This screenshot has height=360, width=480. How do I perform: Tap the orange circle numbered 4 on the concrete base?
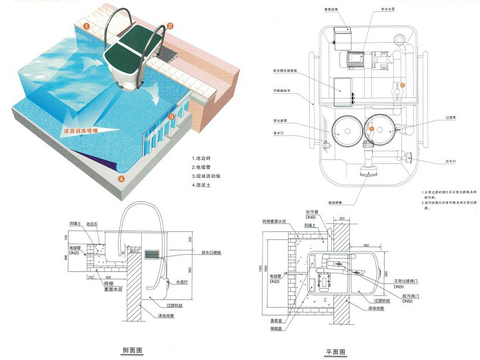(121, 179)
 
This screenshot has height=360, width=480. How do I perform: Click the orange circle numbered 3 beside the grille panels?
(171, 117)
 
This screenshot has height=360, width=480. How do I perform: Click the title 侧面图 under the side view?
(131, 350)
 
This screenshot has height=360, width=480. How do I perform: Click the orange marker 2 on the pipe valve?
(401, 85)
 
